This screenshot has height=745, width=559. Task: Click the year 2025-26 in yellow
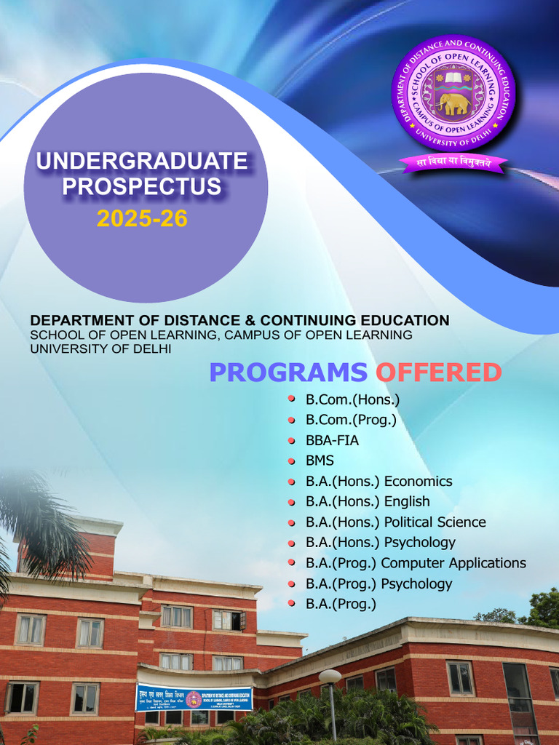pos(142,218)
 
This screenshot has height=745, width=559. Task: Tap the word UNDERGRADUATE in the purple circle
pos(142,161)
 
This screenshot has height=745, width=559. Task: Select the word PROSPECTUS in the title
pos(142,187)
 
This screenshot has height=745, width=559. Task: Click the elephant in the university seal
pos(453,104)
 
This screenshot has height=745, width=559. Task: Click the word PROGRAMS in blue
pos(288,372)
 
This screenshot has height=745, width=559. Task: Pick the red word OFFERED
pos(438,372)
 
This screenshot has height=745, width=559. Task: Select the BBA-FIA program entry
pos(332,441)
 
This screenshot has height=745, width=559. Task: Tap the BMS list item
pos(320,461)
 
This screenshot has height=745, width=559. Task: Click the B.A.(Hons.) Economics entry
pos(378,482)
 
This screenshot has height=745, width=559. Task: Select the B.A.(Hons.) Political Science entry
pos(395,522)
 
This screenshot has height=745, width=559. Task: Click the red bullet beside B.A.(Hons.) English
pos(291,502)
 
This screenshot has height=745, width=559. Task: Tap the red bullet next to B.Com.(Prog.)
pos(291,420)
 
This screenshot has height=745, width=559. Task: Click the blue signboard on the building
pos(194,698)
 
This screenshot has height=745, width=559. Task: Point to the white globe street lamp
pos(330,676)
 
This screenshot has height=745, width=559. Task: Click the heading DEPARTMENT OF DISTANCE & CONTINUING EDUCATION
pos(239,320)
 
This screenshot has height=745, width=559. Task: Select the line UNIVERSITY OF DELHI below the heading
pos(100,348)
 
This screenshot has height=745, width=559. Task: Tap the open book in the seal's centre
pos(453,77)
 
